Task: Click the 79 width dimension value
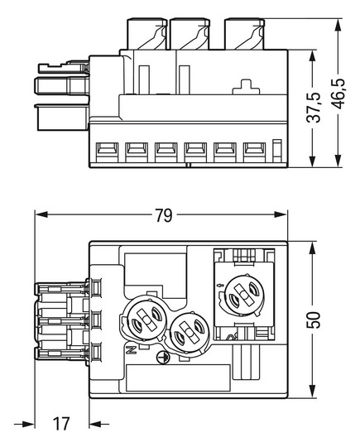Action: (x=164, y=215)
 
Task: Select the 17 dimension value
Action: (x=61, y=424)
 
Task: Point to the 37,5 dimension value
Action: (x=314, y=107)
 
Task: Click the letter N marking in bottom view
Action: (x=132, y=349)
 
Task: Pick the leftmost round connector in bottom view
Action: (x=146, y=319)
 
